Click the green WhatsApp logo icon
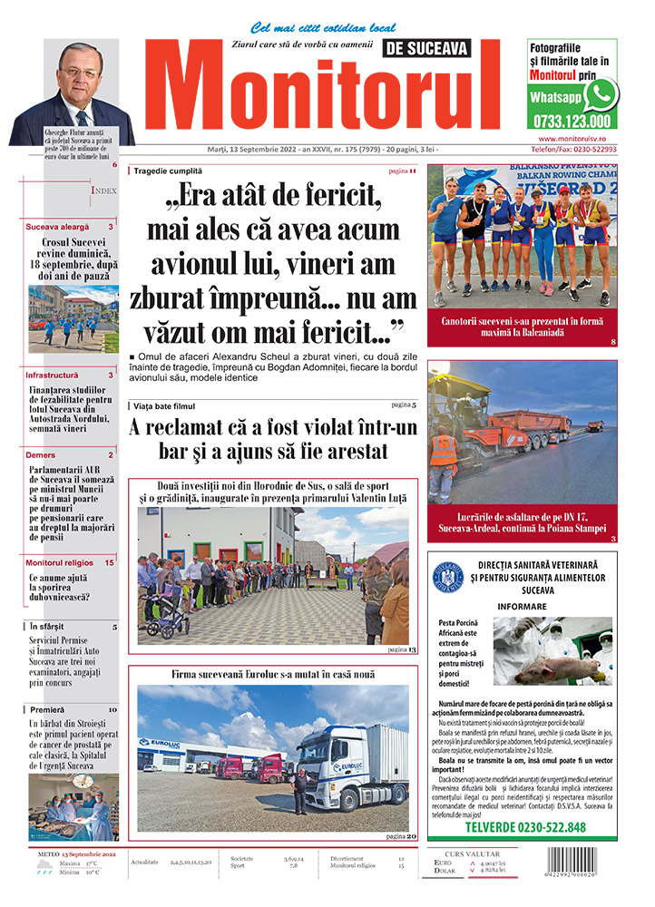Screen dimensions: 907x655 [601, 93]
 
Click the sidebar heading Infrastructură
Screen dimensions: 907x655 [53, 375]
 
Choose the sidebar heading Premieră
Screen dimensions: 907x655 [47, 709]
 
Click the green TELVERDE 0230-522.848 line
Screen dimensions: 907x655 [524, 827]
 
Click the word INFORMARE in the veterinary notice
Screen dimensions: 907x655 [523, 605]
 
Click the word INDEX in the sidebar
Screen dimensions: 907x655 [103, 190]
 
